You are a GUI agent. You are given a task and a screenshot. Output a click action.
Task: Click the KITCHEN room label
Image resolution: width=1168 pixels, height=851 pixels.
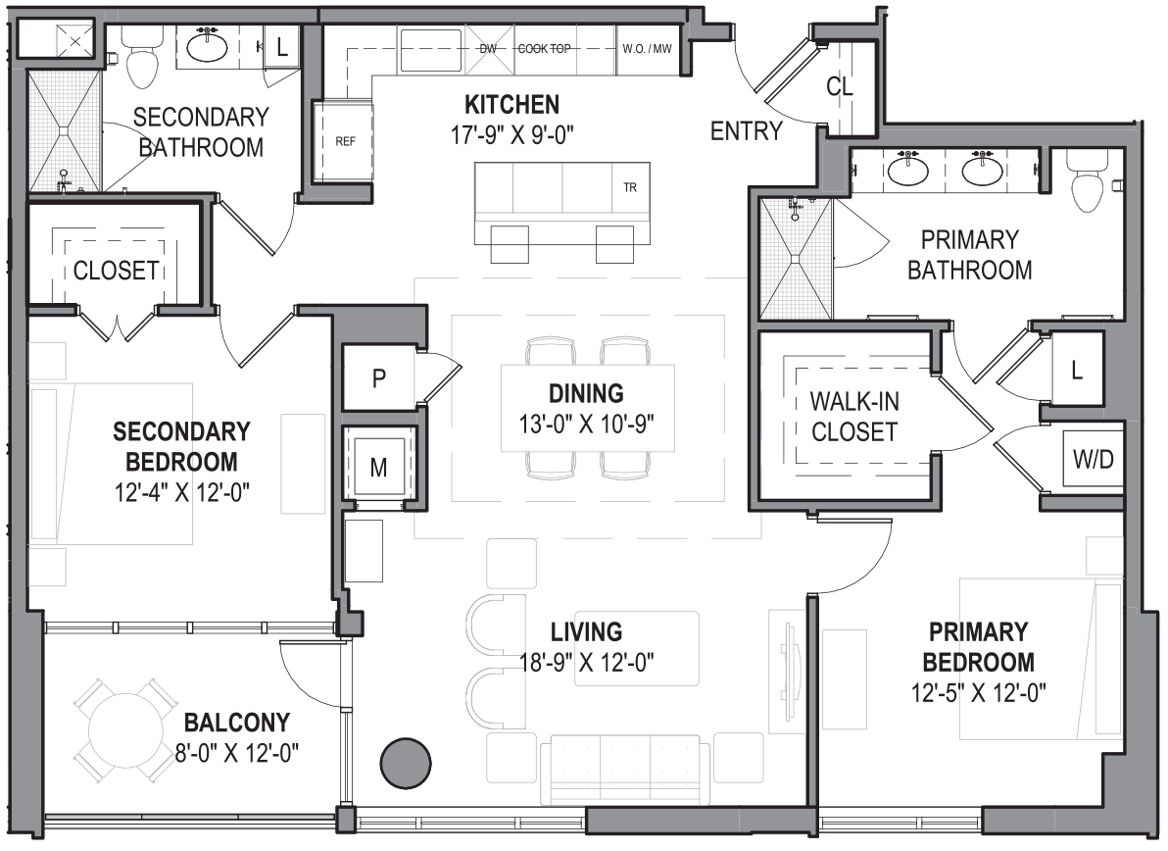click(x=511, y=104)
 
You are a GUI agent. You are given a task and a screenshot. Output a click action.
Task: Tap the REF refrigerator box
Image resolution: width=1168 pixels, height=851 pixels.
click(x=345, y=140)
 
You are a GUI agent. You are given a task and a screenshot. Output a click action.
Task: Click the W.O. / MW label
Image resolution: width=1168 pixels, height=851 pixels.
click(x=647, y=48)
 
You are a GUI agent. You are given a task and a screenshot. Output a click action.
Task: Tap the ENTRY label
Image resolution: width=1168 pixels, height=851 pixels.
click(x=747, y=131)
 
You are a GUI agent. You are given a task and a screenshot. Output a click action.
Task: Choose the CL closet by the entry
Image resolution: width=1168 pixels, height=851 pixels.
click(x=840, y=86)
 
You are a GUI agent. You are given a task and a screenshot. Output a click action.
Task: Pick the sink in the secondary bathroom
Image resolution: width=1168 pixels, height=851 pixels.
click(x=208, y=46)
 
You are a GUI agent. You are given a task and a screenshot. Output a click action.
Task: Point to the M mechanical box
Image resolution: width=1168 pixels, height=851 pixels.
click(x=378, y=468)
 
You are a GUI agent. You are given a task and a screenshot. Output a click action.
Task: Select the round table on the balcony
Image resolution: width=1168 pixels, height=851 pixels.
click(x=125, y=730)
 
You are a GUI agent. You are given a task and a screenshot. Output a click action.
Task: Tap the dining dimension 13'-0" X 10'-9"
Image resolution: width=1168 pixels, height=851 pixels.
click(x=586, y=425)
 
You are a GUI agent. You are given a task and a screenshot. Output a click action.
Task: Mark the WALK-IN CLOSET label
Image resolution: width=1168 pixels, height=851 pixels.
click(x=854, y=417)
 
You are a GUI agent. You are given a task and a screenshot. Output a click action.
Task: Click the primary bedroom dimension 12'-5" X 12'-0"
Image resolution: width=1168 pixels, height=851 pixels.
click(x=976, y=692)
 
